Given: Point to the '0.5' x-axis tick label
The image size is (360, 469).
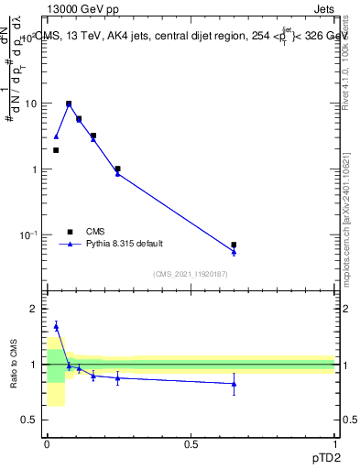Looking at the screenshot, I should [x=191, y=443].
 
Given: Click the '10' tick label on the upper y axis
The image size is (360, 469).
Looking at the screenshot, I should [x=29, y=104].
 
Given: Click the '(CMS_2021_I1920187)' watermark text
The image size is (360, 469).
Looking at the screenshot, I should [x=191, y=273].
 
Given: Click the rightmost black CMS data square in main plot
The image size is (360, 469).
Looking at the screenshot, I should [x=234, y=245].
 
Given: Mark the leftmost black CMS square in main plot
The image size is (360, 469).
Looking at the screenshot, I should [x=56, y=150].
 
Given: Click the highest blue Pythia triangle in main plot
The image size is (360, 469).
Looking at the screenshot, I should [x=69, y=104].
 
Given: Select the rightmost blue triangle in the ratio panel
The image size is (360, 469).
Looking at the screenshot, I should [x=234, y=384].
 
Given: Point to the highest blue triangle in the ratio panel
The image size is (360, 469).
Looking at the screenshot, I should [x=56, y=326].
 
